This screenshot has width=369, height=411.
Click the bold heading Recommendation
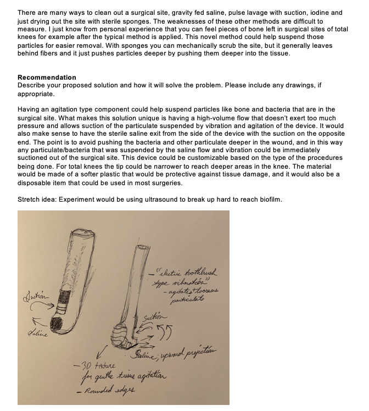point(47,77)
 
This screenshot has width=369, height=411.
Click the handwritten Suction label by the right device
point(154,317)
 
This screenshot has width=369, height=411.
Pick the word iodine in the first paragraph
point(320,12)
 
